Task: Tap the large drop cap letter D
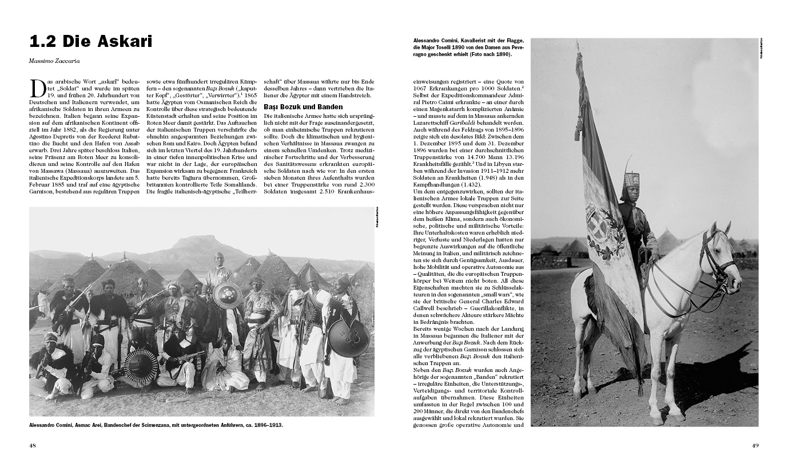point(38,89)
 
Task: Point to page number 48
point(33,445)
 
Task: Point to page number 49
point(755,445)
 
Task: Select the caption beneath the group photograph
point(156,425)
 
